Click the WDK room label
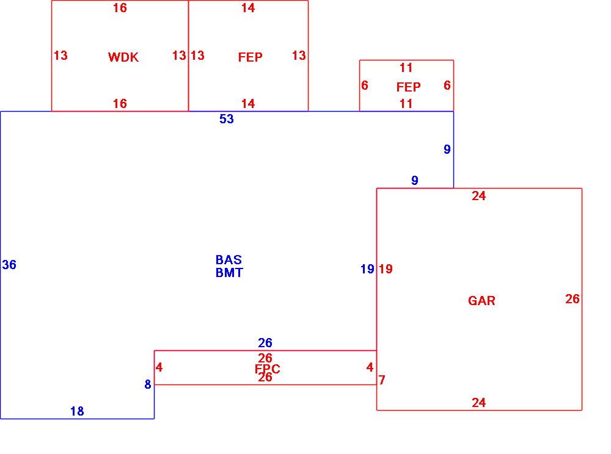(123, 57)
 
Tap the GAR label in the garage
(481, 301)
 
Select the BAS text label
(229, 260)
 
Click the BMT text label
(229, 273)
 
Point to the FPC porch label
(267, 369)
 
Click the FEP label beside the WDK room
(251, 57)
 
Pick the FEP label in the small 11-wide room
(408, 87)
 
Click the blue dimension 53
(227, 120)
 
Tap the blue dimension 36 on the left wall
(9, 265)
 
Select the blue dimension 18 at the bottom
(77, 411)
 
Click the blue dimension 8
(148, 385)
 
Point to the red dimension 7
(382, 380)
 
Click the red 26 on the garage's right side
(573, 299)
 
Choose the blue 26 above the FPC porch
(265, 343)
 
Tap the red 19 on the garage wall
(386, 269)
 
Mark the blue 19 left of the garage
(367, 269)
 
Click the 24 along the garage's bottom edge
(479, 403)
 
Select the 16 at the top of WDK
(120, 9)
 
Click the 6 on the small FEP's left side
(365, 85)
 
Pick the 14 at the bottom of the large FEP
(248, 104)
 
